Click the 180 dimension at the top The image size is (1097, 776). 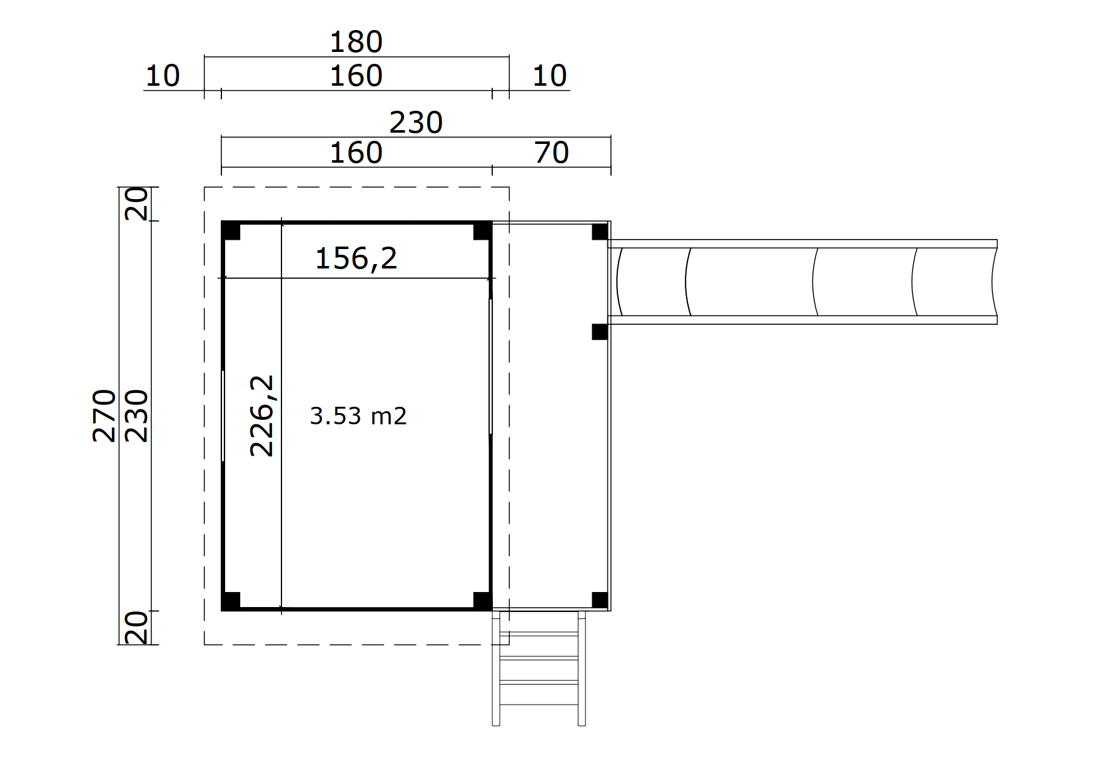point(356,43)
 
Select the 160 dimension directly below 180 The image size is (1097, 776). point(356,76)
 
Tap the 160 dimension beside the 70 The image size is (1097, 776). point(356,153)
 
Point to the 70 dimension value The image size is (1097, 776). point(552,153)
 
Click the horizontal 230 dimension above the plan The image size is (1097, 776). point(416,123)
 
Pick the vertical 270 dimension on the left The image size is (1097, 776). point(104,416)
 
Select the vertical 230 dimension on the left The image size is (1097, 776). point(137,416)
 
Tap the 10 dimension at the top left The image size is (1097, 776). point(163,76)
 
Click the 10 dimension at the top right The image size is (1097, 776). point(550,76)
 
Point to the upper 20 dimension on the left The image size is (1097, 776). point(137,204)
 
